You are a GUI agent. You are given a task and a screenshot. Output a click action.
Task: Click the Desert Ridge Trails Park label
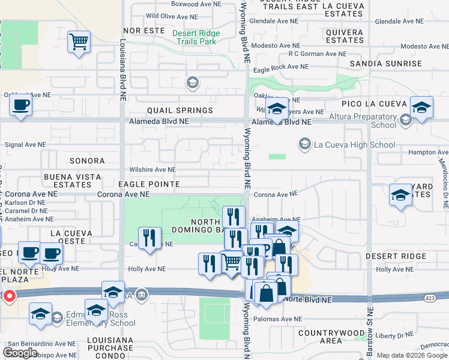click(194, 37)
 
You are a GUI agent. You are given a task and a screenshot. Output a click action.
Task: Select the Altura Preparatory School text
click(358, 121)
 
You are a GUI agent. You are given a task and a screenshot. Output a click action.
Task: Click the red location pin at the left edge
click(9, 296)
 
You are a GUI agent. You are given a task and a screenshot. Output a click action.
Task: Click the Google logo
click(20, 352)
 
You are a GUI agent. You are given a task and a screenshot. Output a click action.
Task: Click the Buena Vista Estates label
click(67, 181)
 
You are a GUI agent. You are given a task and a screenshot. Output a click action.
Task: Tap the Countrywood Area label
click(331, 337)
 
